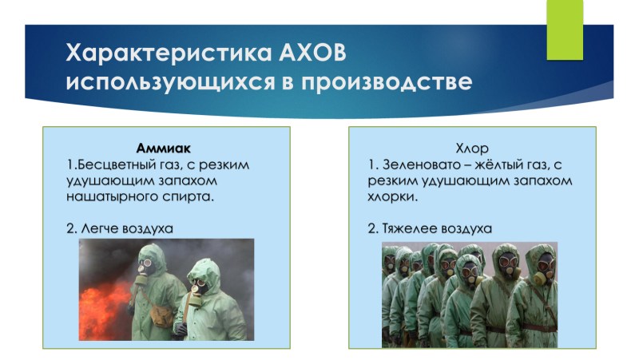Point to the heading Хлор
click(x=472, y=148)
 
